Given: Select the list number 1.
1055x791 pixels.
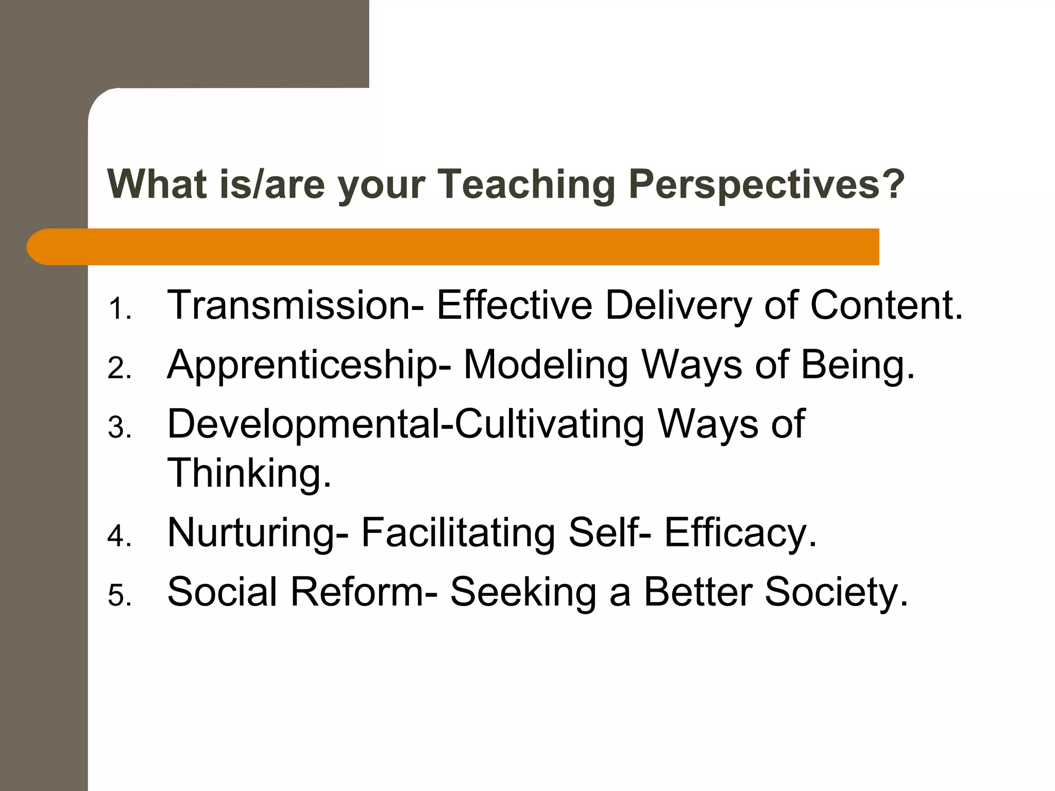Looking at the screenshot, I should tap(119, 309).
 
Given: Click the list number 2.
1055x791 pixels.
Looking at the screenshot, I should tap(119, 369).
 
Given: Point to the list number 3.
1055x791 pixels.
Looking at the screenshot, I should tap(119, 428).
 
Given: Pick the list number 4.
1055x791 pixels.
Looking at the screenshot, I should tap(119, 537).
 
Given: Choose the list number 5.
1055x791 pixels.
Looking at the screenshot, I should tap(119, 596).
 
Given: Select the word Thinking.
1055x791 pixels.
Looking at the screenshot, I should tap(249, 473).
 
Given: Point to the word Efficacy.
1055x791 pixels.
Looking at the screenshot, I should tap(740, 534).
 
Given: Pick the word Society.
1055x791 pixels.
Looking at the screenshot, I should tap(836, 593).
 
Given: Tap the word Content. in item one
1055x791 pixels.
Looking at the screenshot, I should tap(886, 305).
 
